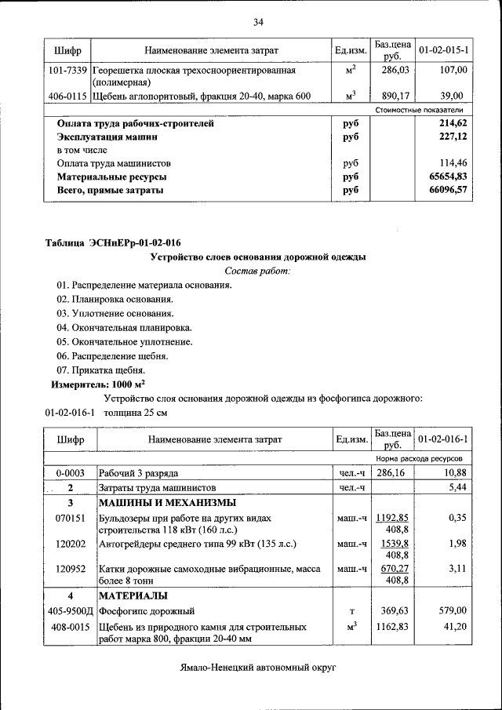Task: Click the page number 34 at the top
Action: pyautogui.click(x=257, y=21)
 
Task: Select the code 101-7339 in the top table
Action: pyautogui.click(x=67, y=71)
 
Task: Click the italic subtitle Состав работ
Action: pyautogui.click(x=257, y=271)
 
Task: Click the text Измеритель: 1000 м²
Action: pyautogui.click(x=98, y=384)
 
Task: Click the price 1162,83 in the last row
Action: pyautogui.click(x=390, y=627)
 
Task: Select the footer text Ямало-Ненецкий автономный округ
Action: pyautogui.click(x=256, y=668)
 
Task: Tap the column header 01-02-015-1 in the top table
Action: pyautogui.click(x=443, y=50)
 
